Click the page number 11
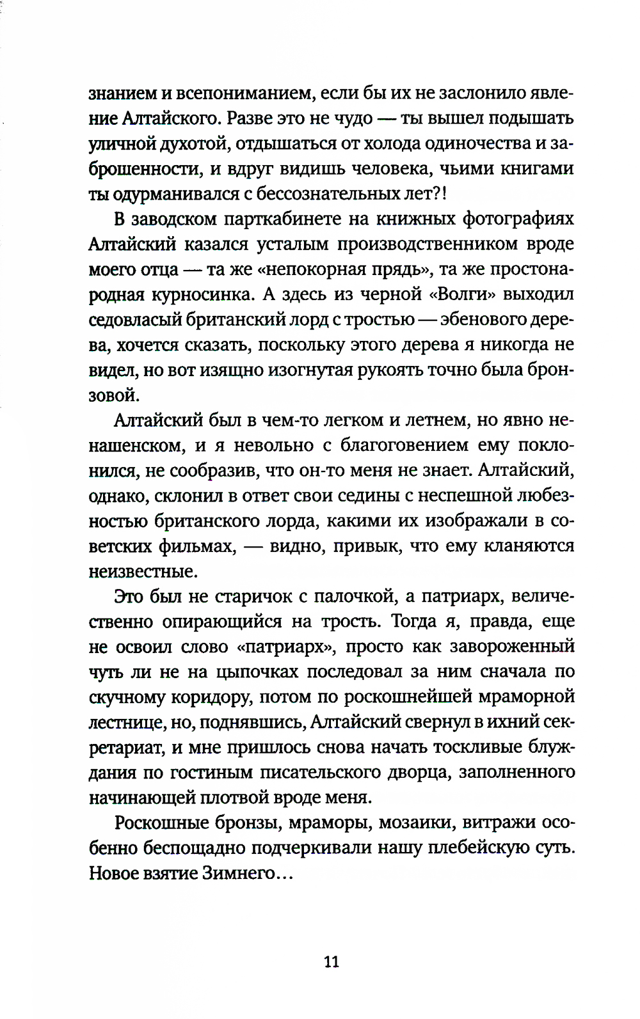pos(332,961)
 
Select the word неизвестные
pos(142,571)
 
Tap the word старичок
pos(252,596)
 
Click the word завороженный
pos(512,646)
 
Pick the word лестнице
pos(128,722)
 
